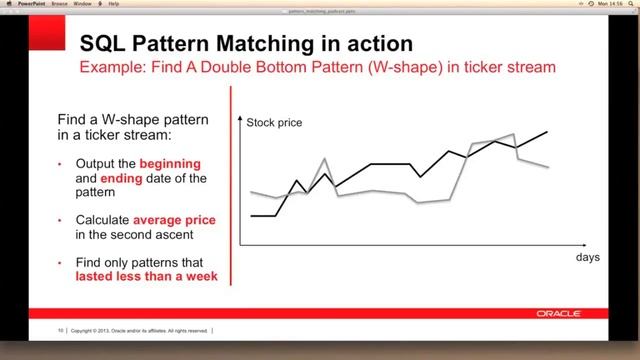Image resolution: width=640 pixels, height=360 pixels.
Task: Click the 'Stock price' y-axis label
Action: [274, 123]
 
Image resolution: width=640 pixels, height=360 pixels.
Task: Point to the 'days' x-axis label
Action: [588, 258]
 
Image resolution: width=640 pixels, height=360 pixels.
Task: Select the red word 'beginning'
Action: [170, 163]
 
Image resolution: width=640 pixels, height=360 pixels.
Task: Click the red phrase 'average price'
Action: [175, 219]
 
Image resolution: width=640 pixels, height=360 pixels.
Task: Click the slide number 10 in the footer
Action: [61, 329]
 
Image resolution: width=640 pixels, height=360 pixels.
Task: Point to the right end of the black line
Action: [547, 131]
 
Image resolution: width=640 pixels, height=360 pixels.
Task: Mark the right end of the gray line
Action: [548, 167]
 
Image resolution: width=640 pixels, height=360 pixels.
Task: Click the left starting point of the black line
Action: [251, 215]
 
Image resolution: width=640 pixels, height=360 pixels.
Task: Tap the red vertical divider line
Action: [233, 190]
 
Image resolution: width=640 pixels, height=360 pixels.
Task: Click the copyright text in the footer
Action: [140, 329]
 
